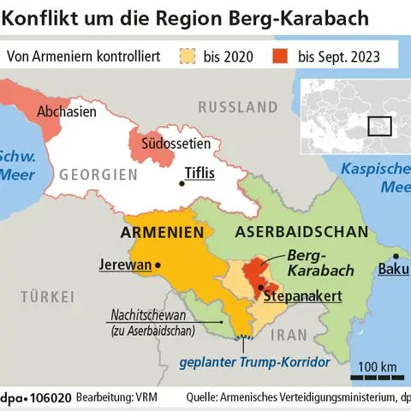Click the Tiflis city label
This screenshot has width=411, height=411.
click(x=198, y=173)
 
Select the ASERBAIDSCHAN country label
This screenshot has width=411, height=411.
click(x=301, y=232)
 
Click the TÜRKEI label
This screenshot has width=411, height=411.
click(x=47, y=298)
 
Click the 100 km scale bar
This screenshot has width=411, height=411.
click(x=376, y=375)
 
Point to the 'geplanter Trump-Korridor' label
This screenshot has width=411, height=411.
click(x=253, y=362)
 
